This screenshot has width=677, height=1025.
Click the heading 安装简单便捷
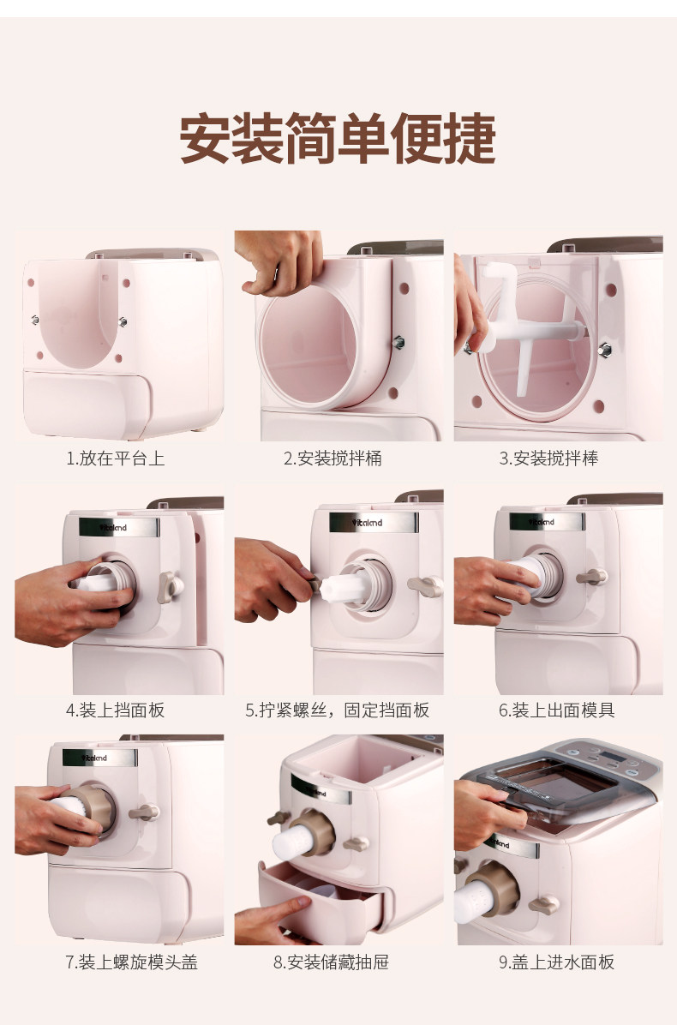click(338, 138)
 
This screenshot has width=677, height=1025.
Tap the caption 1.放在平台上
click(115, 459)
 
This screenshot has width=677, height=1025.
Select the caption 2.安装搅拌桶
click(333, 459)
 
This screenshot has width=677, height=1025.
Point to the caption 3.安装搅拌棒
click(549, 459)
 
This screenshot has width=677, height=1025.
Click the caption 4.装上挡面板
click(115, 710)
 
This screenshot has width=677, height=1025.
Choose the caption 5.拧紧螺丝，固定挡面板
click(337, 710)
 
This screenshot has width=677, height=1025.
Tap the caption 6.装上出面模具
click(557, 710)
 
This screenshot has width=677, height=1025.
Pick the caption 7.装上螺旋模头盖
click(131, 962)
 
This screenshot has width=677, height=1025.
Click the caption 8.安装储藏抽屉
click(332, 962)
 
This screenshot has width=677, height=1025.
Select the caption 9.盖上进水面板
click(557, 962)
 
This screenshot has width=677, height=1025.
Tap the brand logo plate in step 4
click(119, 527)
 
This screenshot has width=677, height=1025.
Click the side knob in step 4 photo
click(170, 587)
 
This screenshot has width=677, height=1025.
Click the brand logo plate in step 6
click(547, 522)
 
